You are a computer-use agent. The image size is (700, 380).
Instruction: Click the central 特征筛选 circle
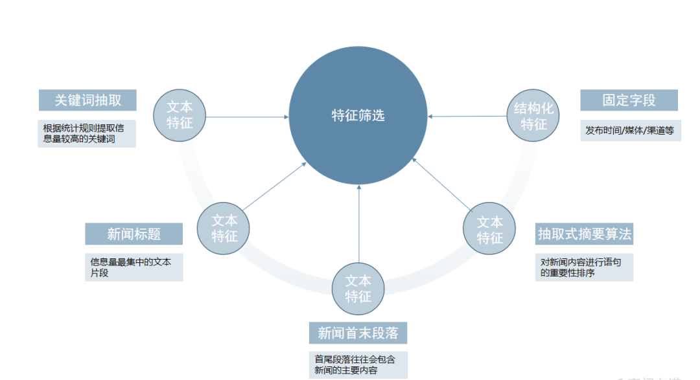point(358,116)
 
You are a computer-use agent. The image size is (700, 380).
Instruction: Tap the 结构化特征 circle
point(533,116)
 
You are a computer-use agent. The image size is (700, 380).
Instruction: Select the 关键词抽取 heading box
point(87,100)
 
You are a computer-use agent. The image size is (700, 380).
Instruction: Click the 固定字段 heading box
point(629,100)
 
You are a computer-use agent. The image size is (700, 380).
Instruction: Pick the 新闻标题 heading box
point(134,234)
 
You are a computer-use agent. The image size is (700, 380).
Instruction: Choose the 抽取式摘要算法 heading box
point(584,234)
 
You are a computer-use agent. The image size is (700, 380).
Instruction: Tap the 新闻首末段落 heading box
point(358,333)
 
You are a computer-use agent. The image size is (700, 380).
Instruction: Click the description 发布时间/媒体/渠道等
point(630,131)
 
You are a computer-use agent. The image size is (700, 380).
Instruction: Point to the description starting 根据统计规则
point(87,133)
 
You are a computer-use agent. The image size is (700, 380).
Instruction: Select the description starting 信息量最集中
point(134,267)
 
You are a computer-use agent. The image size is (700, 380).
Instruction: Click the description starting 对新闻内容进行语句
point(584,267)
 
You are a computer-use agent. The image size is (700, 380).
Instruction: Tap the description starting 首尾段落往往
point(358,365)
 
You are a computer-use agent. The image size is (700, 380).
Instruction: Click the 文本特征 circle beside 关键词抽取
point(180,115)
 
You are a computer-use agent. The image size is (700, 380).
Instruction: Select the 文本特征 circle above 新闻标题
point(224,229)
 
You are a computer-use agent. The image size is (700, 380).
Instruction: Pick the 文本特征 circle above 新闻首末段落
point(358,289)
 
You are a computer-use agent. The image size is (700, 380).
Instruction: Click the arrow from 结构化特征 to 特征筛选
point(467,117)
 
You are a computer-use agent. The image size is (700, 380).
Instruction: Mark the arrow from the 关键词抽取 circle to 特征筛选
point(246,117)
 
